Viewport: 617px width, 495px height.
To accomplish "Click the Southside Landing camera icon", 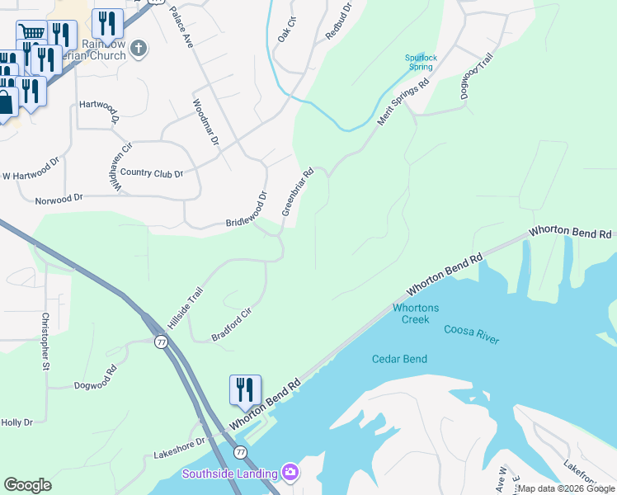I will (290, 473).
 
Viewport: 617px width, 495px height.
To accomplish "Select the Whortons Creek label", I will (416, 313).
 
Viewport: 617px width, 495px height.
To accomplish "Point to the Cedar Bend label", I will (399, 359).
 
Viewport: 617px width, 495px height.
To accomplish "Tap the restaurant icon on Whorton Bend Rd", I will (245, 390).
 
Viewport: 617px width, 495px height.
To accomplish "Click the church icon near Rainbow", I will (139, 49).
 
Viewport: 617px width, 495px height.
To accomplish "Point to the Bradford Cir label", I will (231, 325).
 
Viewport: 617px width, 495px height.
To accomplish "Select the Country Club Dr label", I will (152, 172).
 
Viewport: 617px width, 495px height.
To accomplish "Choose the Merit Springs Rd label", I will (404, 102).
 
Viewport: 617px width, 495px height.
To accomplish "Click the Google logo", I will (27, 485).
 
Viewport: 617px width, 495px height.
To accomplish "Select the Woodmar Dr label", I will (205, 122).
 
